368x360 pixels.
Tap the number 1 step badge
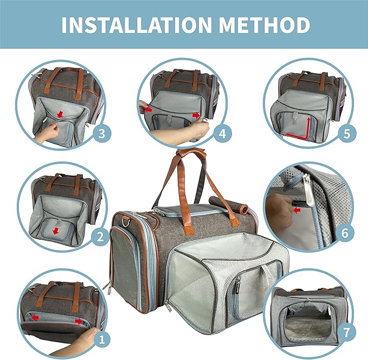tap(99, 339)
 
